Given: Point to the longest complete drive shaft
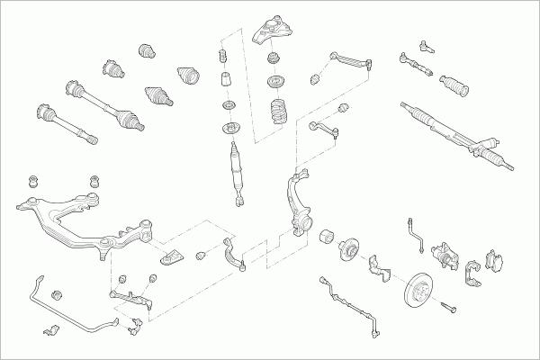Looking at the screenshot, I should tap(108, 103).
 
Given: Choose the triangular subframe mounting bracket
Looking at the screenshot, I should tap(173, 257).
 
